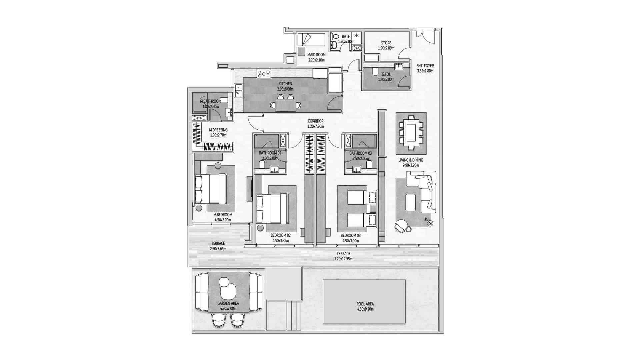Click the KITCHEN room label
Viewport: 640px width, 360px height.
285,84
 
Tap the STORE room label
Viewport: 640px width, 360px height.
386,43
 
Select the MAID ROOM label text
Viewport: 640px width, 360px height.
316,55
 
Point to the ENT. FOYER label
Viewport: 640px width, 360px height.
425,66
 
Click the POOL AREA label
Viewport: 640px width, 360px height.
365,304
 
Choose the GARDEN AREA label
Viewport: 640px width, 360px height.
228,304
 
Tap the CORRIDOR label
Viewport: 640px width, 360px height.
315,121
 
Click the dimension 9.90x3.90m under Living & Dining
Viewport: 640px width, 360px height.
411,165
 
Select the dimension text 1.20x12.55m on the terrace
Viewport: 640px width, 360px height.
343,259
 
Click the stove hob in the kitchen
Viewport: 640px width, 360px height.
264,73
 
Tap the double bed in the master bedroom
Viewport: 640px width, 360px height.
211,189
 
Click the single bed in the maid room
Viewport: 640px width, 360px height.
311,40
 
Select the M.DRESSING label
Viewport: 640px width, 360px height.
218,130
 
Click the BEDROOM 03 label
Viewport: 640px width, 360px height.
350,235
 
